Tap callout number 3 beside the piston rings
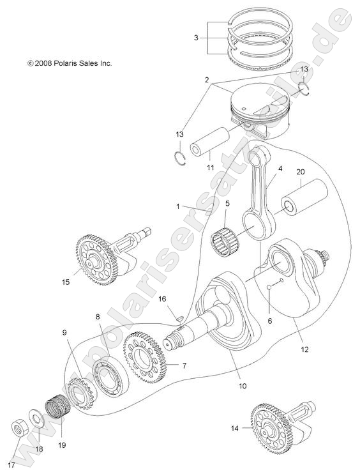coord(196,38)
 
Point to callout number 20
coord(301,172)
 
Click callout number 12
coord(304,349)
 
